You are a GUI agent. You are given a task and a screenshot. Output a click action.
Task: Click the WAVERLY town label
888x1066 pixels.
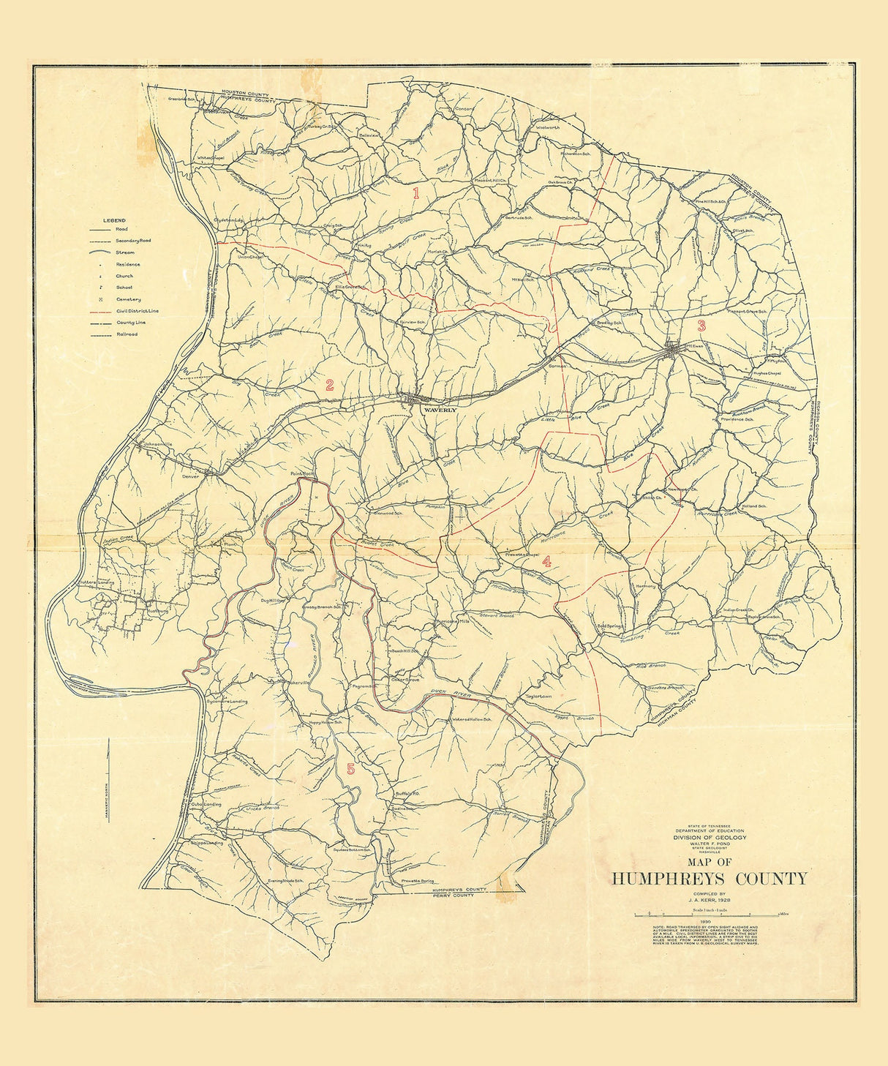[440, 410]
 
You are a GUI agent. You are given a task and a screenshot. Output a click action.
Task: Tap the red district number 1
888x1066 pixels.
[416, 194]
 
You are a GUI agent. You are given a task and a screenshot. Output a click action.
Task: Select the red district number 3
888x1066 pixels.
[701, 326]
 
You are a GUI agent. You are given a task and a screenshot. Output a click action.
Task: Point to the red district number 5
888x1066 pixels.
[350, 769]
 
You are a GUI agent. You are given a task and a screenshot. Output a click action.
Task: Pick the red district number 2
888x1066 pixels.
[330, 385]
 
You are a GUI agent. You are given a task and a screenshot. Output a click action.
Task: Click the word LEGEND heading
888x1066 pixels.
[114, 220]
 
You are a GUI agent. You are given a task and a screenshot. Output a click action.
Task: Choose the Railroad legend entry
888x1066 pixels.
[127, 334]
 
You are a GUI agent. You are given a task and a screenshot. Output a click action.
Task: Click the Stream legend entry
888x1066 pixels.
[124, 252]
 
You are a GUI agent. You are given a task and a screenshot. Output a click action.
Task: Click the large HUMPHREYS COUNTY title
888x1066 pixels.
[710, 879]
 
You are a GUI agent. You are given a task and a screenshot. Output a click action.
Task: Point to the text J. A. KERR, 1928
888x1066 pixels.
[710, 901]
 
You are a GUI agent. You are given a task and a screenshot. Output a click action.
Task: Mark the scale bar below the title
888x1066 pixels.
[707, 915]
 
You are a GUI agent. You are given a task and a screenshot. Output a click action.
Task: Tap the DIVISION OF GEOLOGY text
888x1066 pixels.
[710, 837]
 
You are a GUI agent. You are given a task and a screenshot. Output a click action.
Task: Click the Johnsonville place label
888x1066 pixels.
[158, 444]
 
